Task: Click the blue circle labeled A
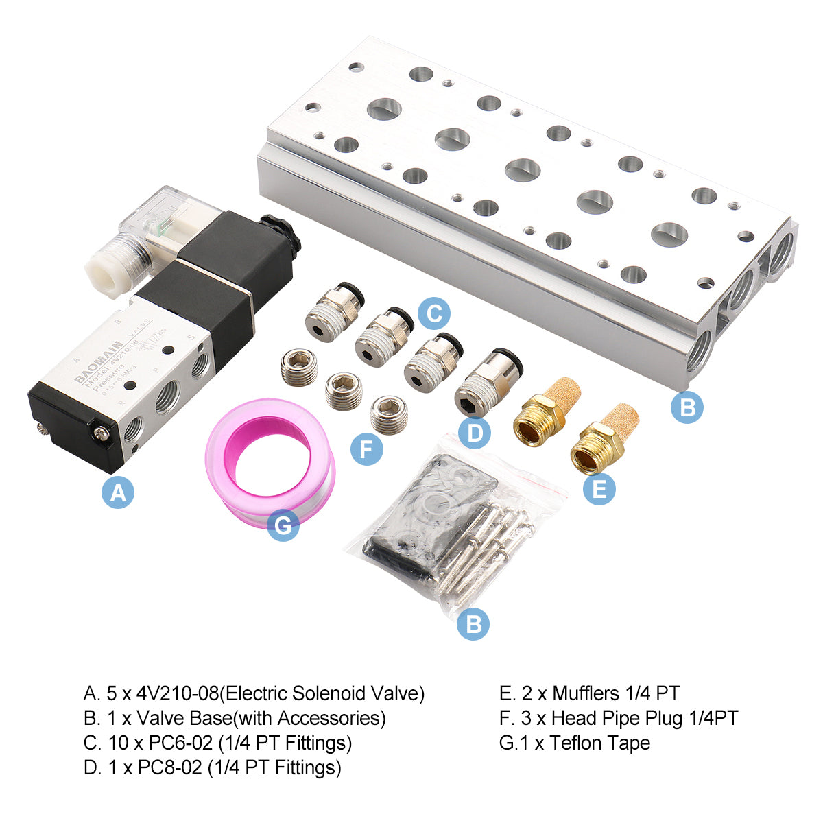point(118,492)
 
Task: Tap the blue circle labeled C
point(434,314)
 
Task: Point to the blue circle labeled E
point(599,488)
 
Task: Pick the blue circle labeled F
point(366,449)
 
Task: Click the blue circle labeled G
point(283,525)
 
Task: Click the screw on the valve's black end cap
point(103,433)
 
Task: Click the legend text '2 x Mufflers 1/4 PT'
point(589,693)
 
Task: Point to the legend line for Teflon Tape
point(575,743)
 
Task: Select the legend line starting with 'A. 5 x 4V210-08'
point(254,693)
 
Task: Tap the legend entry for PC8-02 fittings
point(212,767)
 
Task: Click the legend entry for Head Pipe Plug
point(619,718)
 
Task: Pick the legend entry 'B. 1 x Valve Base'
point(234,718)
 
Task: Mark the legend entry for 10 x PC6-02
point(217,743)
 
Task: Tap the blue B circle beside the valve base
point(687,407)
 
